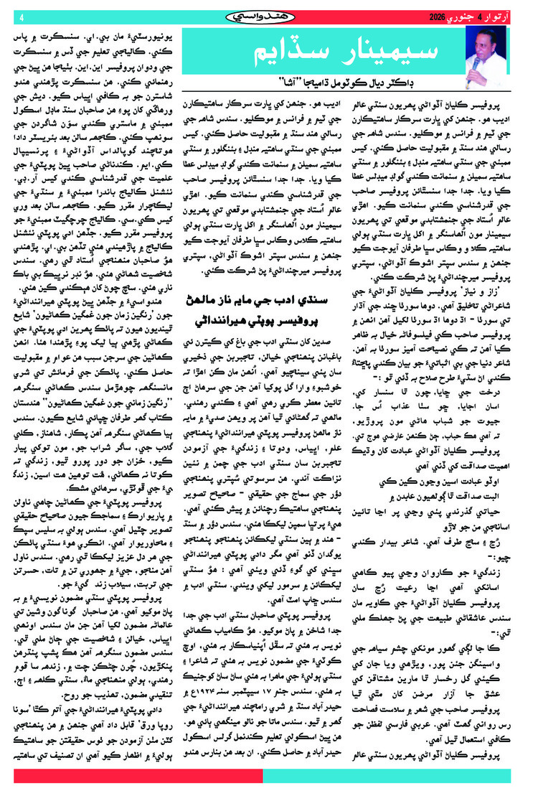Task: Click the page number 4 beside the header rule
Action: tap(21, 16)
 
